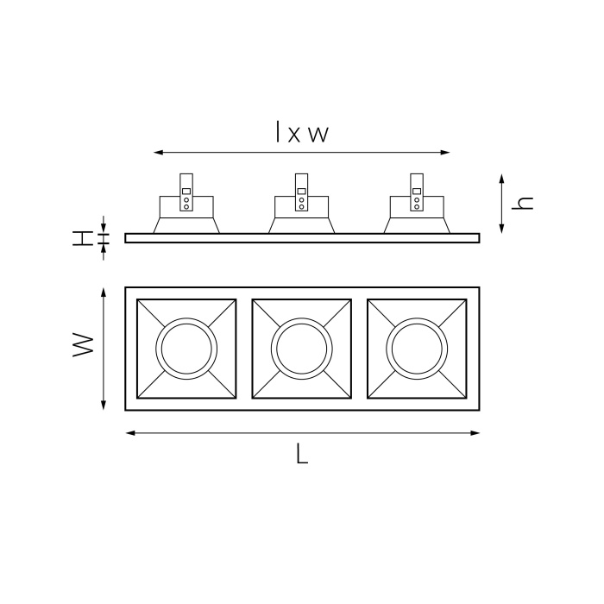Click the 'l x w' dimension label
click(x=302, y=133)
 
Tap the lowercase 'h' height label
click(x=523, y=204)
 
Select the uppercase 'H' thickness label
click(x=82, y=238)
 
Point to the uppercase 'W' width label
click(x=83, y=347)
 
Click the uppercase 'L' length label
click(x=301, y=455)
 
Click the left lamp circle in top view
click(x=186, y=348)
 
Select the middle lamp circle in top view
click(x=301, y=348)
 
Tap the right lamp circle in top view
click(x=417, y=348)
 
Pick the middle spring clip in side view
click(x=301, y=192)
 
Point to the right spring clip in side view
click(x=417, y=192)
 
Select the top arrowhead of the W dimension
click(x=104, y=293)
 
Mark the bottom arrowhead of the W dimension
click(x=104, y=405)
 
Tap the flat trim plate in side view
click(x=302, y=238)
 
